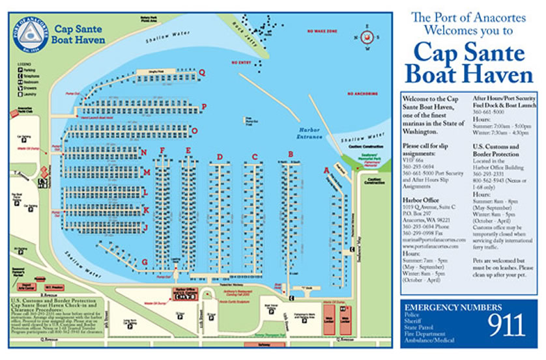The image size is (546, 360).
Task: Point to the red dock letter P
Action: click(x=204, y=106)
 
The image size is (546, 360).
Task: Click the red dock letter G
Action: click(x=144, y=262)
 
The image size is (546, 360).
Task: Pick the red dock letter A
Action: click(x=326, y=171)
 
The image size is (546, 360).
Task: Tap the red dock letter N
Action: click(x=143, y=153)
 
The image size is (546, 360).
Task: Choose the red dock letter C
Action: click(x=255, y=156)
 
